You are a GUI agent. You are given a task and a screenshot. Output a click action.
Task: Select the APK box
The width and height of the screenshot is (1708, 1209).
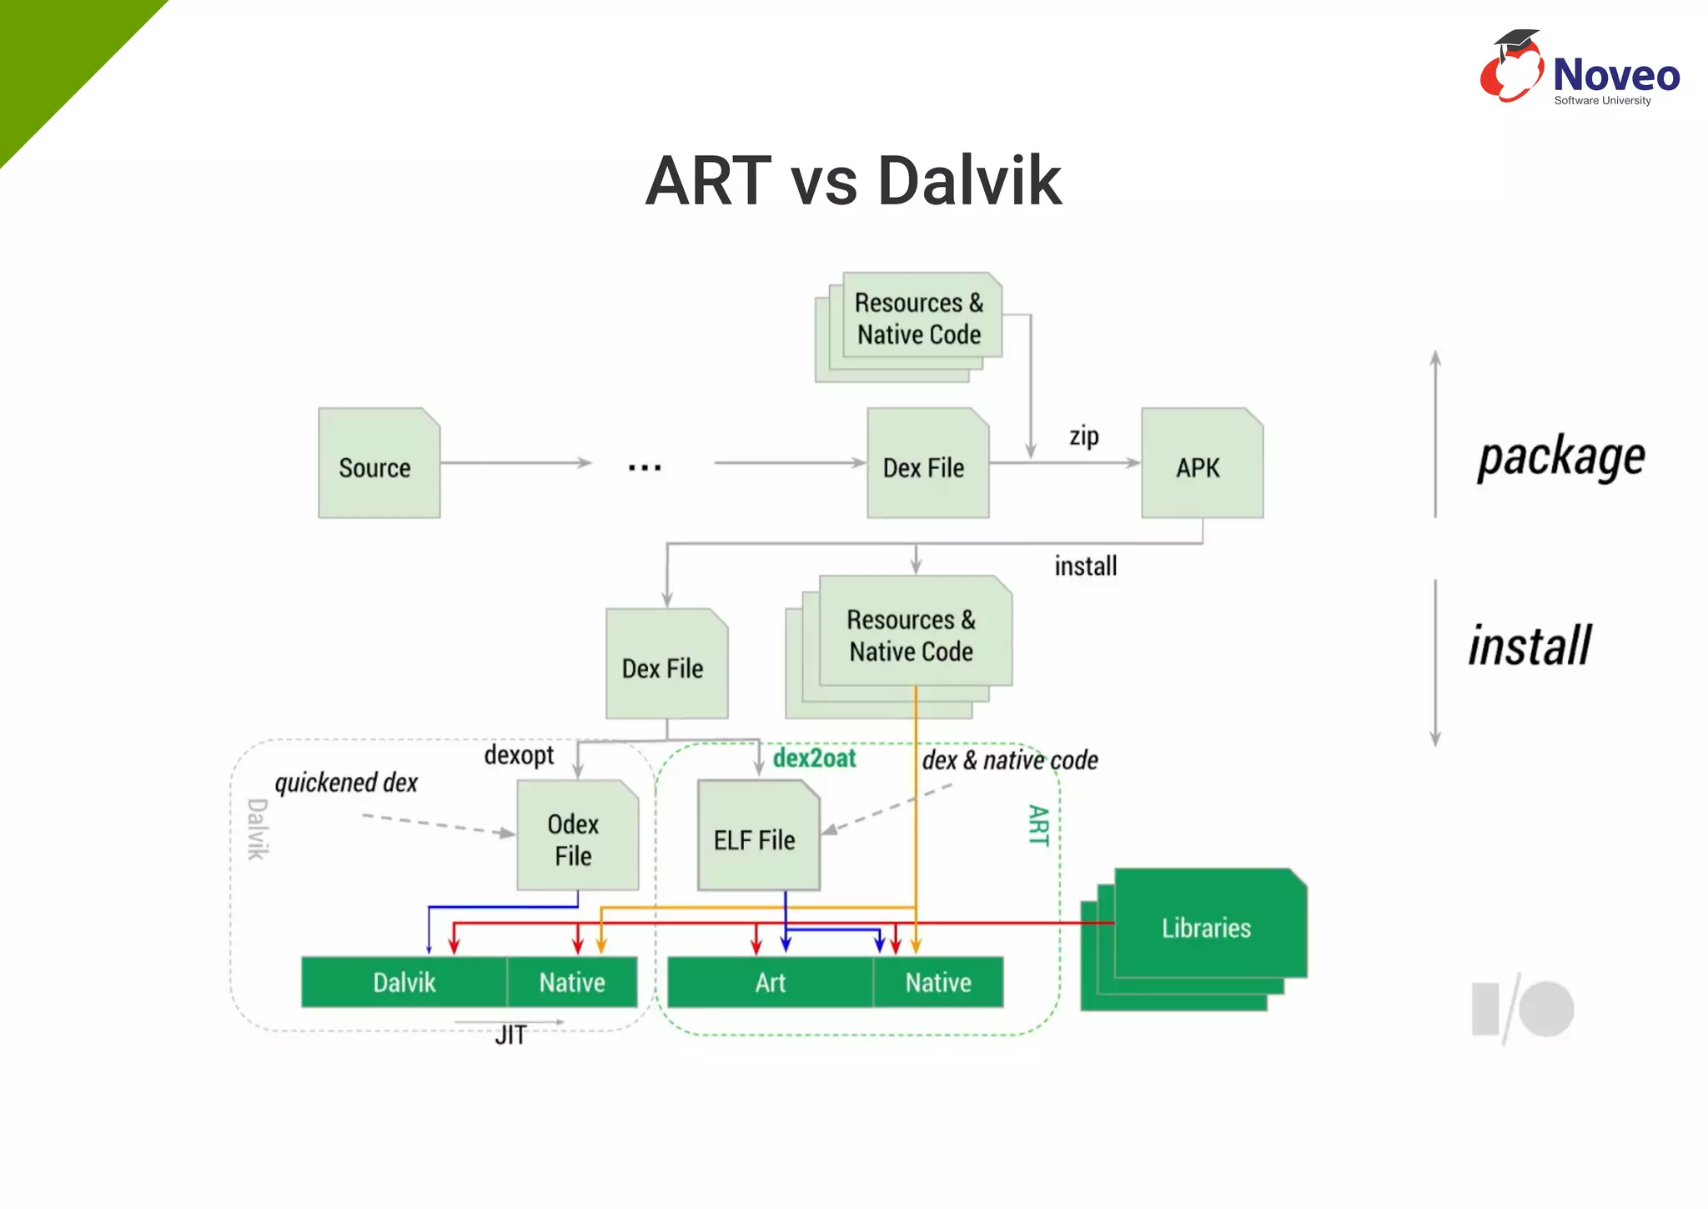click(1201, 464)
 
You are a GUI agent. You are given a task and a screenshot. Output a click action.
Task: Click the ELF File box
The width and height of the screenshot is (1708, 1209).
click(757, 836)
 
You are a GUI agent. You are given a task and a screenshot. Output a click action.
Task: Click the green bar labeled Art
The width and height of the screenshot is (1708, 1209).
click(770, 982)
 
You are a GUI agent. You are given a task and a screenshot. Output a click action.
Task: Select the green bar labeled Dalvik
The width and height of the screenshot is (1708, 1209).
click(404, 982)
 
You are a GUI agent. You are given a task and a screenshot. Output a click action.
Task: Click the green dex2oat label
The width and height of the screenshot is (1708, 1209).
click(814, 758)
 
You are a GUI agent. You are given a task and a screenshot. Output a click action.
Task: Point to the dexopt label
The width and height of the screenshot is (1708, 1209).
click(519, 755)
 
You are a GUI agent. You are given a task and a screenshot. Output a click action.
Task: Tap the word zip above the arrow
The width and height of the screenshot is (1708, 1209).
click(1083, 436)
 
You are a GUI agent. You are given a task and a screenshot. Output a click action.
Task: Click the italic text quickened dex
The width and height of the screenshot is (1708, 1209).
click(346, 783)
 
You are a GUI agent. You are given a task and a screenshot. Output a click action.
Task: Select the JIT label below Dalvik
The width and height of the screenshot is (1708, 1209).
click(510, 1035)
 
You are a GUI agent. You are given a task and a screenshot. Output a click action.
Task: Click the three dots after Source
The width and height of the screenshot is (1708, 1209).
click(645, 468)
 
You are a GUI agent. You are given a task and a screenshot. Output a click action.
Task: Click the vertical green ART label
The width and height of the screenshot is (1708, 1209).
click(1037, 825)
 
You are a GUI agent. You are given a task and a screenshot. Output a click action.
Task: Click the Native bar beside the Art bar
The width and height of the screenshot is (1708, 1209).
click(938, 982)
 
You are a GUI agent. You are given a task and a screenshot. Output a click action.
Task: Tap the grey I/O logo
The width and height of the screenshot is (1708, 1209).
click(1523, 1009)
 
